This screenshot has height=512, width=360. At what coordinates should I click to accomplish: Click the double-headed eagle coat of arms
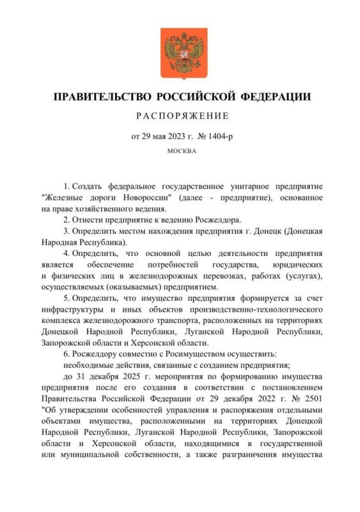click(180, 54)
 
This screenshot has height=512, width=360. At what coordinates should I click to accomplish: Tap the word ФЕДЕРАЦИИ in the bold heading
click(276, 97)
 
